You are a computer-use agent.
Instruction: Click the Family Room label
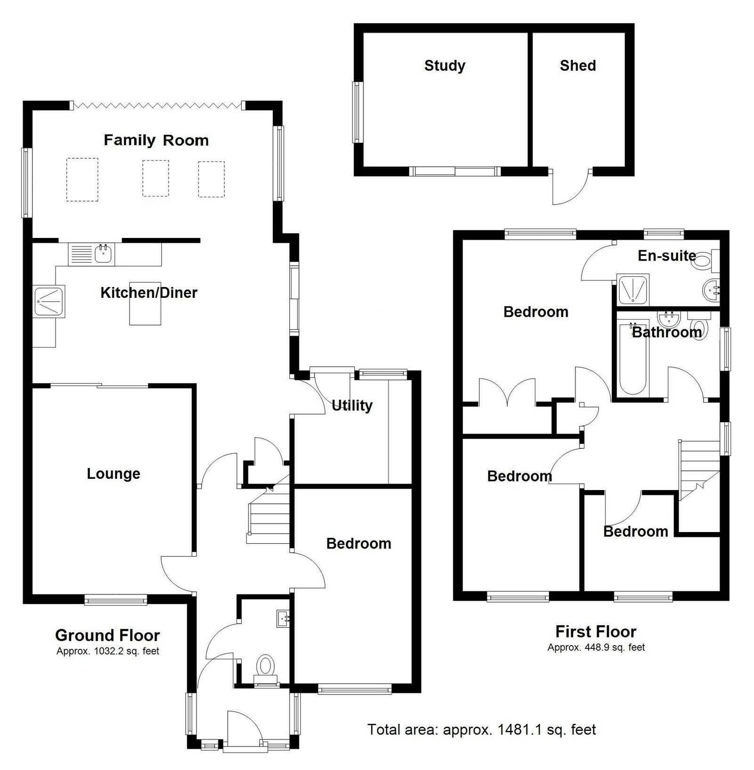[156, 140]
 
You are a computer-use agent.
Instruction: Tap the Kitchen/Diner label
[149, 293]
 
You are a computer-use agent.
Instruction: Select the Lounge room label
[114, 474]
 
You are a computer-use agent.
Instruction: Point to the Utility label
[352, 405]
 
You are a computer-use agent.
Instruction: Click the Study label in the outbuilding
[445, 66]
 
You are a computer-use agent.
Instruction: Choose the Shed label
[578, 66]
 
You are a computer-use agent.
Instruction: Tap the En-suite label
[667, 255]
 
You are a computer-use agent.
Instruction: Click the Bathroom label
[667, 332]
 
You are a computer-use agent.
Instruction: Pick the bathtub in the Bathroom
[632, 358]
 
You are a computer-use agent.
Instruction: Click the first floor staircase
[699, 469]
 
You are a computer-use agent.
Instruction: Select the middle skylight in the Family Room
[156, 179]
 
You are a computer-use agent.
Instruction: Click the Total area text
[482, 729]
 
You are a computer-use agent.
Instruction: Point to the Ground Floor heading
[107, 635]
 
